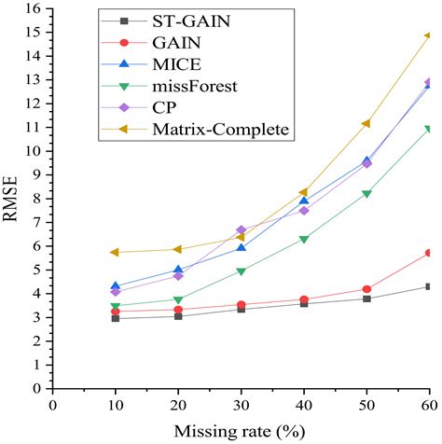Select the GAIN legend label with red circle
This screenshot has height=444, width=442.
(164, 42)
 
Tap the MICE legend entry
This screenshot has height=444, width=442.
(164, 63)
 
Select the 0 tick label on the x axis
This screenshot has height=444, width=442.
(53, 406)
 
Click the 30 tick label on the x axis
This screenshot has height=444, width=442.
(241, 406)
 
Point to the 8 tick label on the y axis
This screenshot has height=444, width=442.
(36, 199)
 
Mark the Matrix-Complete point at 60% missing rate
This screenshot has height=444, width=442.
(428, 36)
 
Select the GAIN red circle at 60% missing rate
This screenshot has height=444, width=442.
(428, 253)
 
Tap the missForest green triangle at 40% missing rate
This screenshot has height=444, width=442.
(303, 240)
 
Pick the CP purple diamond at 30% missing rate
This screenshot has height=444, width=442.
(241, 229)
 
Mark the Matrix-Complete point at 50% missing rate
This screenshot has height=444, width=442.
(366, 123)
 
